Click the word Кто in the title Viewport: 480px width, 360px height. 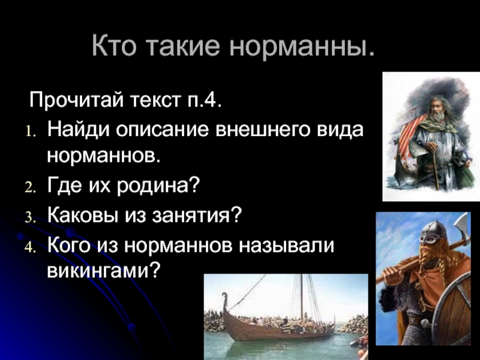[x=113, y=46]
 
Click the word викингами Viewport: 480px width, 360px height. [x=103, y=271]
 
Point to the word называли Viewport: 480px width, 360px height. [x=286, y=246]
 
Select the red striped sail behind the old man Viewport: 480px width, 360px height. [x=412, y=134]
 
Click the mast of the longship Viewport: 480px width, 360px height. [x=302, y=297]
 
